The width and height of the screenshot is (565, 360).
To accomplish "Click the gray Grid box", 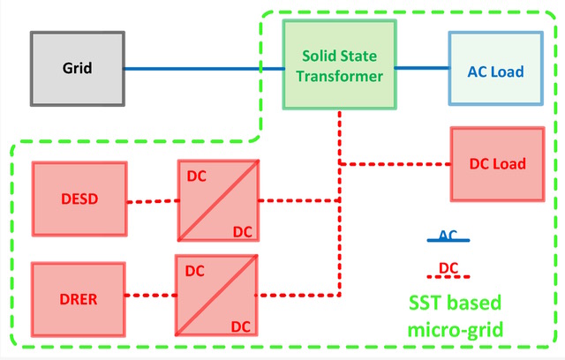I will [77, 68].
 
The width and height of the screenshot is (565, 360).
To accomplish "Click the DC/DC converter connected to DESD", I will [217, 200].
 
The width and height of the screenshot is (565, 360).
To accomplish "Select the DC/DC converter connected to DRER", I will [217, 296].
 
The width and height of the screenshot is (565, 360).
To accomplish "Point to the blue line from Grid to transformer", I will [203, 68].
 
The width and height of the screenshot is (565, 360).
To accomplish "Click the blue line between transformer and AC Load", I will [421, 67].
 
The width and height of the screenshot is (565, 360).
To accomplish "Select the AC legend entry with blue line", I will [448, 237].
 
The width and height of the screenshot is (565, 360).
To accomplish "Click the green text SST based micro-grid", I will [455, 317].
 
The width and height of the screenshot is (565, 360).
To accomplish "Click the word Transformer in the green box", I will [340, 76].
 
